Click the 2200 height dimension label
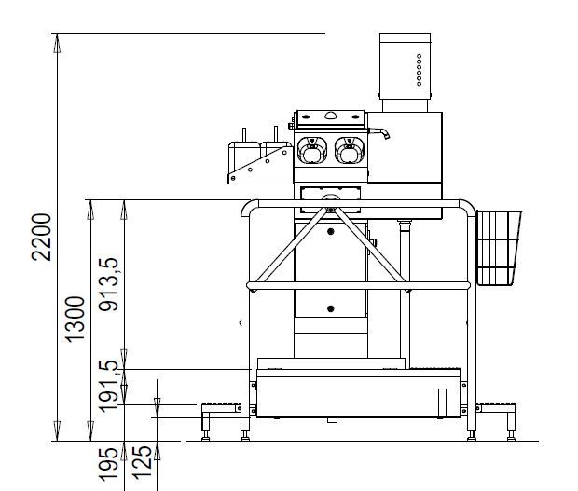[41, 237]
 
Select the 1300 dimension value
[76, 319]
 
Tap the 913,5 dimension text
[109, 284]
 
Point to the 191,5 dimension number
[109, 386]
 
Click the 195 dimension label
[109, 464]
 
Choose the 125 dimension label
[142, 463]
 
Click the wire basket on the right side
[499, 248]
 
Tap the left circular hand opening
[312, 150]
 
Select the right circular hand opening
[349, 150]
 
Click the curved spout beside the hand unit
[379, 132]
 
